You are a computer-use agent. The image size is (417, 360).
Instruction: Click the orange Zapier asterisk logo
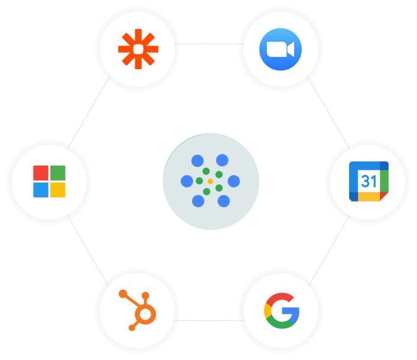coord(138,49)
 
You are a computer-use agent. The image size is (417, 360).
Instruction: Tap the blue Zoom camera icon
coord(281,49)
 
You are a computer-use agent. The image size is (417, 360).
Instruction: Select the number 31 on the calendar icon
coord(369,181)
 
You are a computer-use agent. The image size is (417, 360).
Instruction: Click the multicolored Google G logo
coord(281,310)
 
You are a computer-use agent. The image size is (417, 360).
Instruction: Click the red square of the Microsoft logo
coord(40,173)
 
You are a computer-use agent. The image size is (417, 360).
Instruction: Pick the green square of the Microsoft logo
coord(58,173)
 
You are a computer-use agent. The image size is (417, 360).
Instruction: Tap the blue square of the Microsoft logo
coord(40,190)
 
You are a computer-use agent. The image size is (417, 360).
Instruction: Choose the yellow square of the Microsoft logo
coord(58,190)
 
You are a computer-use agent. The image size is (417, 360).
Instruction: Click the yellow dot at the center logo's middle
coord(210,181)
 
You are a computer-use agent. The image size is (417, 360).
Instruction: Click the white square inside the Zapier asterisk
coord(138,49)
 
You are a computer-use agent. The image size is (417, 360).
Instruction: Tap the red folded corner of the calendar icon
coord(384,196)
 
